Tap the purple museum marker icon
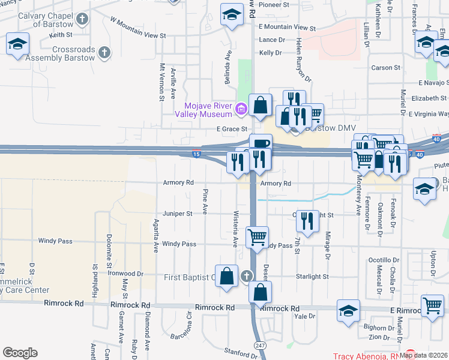(x=241, y=109)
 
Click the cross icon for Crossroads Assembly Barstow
(x=104, y=53)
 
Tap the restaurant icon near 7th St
(x=307, y=220)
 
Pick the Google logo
(x=20, y=353)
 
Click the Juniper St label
(x=177, y=214)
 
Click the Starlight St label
(x=312, y=277)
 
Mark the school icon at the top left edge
(x=18, y=44)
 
